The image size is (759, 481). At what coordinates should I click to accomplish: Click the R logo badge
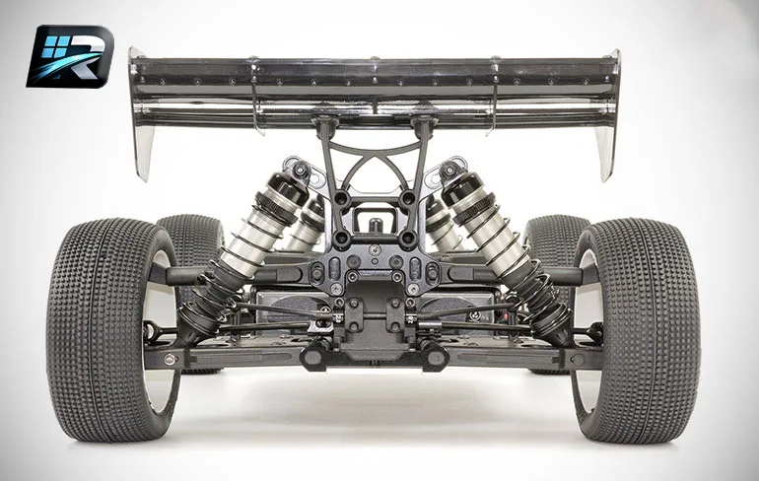click(70, 56)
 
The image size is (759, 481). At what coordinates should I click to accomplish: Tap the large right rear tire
click(637, 331)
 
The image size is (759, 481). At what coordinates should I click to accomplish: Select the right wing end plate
click(608, 115)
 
